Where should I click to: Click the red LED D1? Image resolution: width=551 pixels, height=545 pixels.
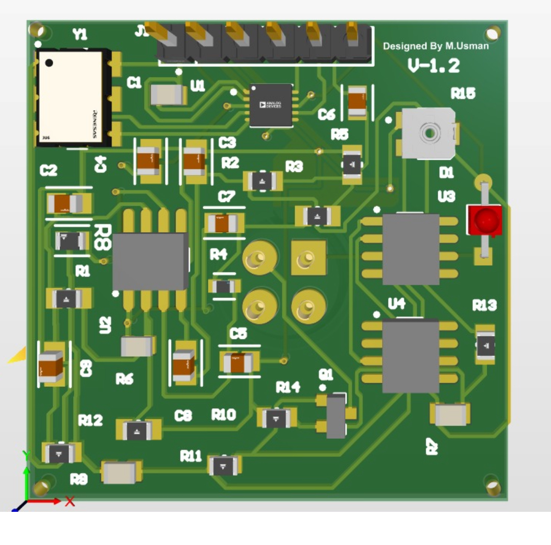point(483,220)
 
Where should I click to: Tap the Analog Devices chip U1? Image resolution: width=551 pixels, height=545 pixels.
point(271,105)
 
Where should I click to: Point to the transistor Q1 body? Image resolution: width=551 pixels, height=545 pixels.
point(336,415)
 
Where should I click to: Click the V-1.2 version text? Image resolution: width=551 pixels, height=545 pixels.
point(434,66)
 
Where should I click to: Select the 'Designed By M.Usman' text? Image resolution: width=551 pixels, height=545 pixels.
point(436,46)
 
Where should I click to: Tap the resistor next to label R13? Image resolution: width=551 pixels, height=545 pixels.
point(485,345)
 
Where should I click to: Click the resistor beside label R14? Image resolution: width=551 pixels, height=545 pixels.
point(276,418)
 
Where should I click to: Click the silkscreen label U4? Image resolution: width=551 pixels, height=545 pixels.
point(397,304)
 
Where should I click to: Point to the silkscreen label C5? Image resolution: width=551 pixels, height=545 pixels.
point(238,334)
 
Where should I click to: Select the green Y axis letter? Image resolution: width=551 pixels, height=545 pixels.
point(27,455)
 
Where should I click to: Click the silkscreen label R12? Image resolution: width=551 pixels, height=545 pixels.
point(90,420)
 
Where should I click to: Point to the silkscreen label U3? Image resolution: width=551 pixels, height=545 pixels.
point(446,196)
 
